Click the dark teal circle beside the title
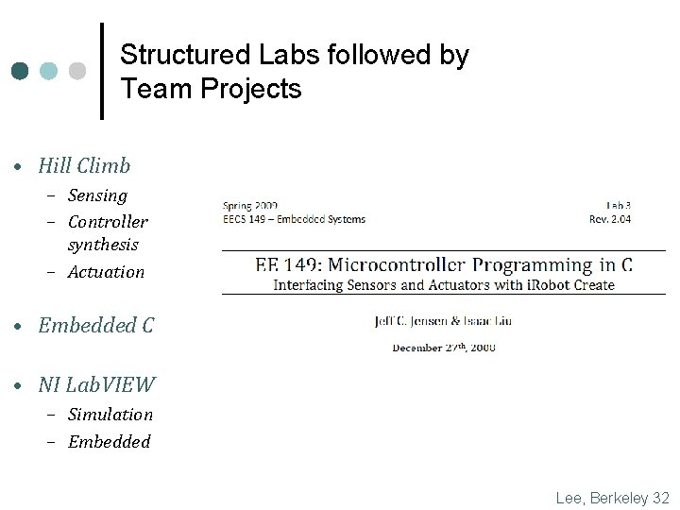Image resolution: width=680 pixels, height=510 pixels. click(x=21, y=71)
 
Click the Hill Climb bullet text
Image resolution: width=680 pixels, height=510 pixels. click(x=84, y=166)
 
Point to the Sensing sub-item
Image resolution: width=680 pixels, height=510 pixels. click(x=97, y=195)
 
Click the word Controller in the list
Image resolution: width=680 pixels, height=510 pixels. click(x=108, y=222)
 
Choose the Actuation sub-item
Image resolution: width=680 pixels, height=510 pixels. click(x=106, y=272)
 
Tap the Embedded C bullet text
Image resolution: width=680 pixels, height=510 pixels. click(x=95, y=326)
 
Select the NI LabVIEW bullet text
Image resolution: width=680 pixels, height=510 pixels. click(x=97, y=384)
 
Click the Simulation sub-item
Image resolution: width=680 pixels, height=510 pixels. click(x=110, y=414)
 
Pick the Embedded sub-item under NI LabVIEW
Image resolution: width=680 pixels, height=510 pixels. click(x=109, y=441)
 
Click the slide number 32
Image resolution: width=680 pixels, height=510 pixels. click(x=660, y=497)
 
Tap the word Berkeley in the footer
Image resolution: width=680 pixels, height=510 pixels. click(x=615, y=497)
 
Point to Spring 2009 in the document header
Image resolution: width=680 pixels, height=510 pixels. click(x=250, y=205)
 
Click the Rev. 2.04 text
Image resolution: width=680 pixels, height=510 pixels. click(x=610, y=219)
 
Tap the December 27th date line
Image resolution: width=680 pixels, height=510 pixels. click(x=444, y=347)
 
